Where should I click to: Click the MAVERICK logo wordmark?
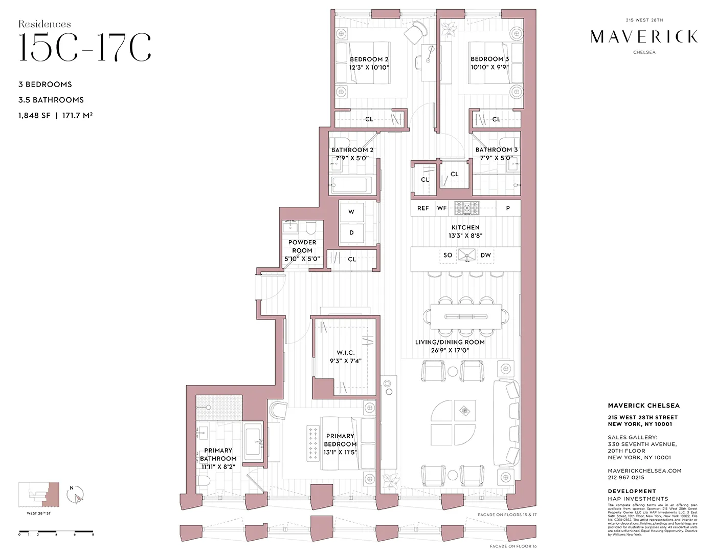[644, 36]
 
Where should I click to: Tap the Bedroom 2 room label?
[369, 59]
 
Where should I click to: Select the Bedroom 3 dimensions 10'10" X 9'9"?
[489, 67]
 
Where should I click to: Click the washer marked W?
[351, 211]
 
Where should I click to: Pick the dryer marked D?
[351, 232]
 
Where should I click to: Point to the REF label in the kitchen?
[423, 208]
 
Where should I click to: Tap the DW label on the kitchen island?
[485, 255]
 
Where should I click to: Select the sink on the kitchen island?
[466, 254]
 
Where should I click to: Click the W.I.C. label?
[346, 353]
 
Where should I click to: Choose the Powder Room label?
[302, 246]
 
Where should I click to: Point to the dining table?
[466, 316]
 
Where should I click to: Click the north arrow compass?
[76, 495]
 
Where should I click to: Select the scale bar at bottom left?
[56, 532]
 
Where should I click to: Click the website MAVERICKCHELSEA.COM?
[644, 471]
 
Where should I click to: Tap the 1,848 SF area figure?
[34, 116]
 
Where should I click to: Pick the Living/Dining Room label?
[450, 342]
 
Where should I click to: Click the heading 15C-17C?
[85, 48]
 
